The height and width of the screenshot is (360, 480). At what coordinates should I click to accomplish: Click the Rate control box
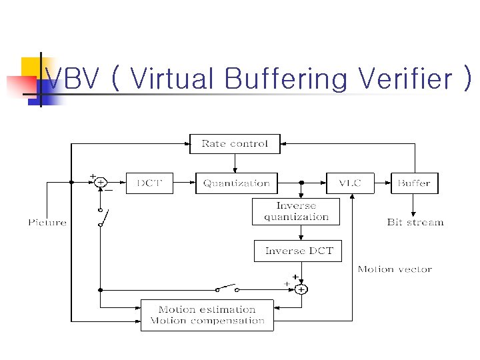[235, 144]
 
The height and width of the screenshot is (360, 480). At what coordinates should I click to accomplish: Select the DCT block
[149, 183]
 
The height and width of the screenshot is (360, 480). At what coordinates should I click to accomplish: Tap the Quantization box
[236, 183]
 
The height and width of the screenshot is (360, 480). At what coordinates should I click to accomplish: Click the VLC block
[350, 183]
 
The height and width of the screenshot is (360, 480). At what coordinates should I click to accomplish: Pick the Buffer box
[414, 183]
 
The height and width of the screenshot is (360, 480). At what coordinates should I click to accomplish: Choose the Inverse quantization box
[296, 211]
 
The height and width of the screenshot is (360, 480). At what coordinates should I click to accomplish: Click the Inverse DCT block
[298, 251]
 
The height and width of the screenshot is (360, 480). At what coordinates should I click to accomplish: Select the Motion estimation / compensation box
[207, 315]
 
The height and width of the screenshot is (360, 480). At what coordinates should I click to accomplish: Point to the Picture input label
[47, 222]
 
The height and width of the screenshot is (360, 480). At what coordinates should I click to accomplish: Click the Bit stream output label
[415, 222]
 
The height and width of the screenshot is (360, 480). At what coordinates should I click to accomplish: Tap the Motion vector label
[395, 269]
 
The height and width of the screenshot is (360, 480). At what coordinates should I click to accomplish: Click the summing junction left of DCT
[100, 182]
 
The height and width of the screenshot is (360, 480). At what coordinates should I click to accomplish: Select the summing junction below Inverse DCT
[301, 289]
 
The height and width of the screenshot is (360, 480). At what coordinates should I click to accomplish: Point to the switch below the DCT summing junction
[101, 217]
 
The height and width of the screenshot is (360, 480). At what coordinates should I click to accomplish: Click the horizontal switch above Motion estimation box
[227, 288]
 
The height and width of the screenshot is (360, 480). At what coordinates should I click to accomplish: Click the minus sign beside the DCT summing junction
[109, 190]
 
